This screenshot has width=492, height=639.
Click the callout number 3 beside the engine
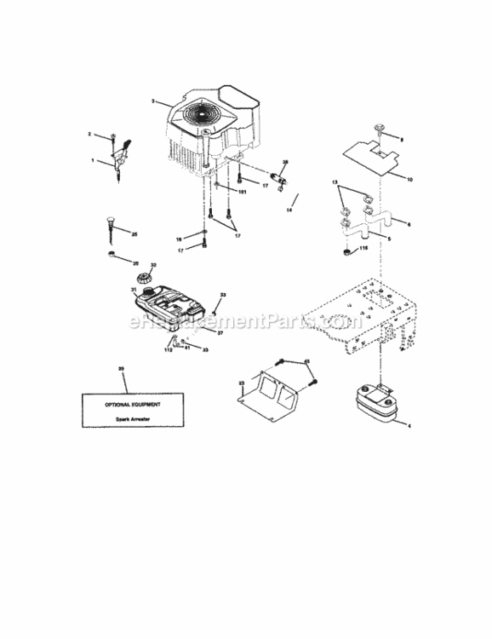[x=152, y=101]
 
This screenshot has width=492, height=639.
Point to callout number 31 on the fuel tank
[x=134, y=291]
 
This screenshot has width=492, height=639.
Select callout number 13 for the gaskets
[x=335, y=183]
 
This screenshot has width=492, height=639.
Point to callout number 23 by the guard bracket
[x=241, y=383]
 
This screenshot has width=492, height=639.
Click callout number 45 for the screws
[x=307, y=362]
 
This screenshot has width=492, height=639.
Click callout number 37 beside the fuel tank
[x=220, y=333]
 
